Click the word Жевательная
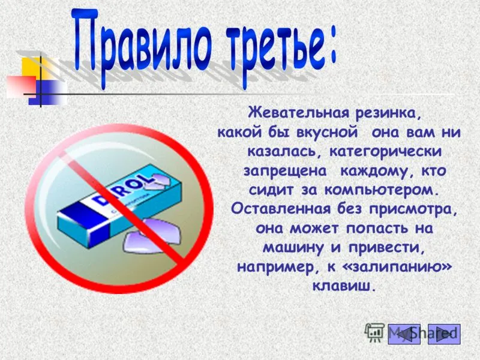(x=298, y=113)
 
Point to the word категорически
(x=386, y=152)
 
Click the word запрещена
(x=285, y=172)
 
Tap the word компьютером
(x=380, y=190)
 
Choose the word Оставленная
(x=281, y=209)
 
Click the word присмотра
(x=413, y=210)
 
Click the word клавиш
(x=343, y=286)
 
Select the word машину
(x=293, y=248)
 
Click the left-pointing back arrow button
(x=404, y=334)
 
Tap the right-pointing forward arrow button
(x=444, y=334)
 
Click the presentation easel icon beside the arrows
(x=374, y=332)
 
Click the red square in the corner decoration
(x=21, y=86)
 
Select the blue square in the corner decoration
(x=47, y=92)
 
